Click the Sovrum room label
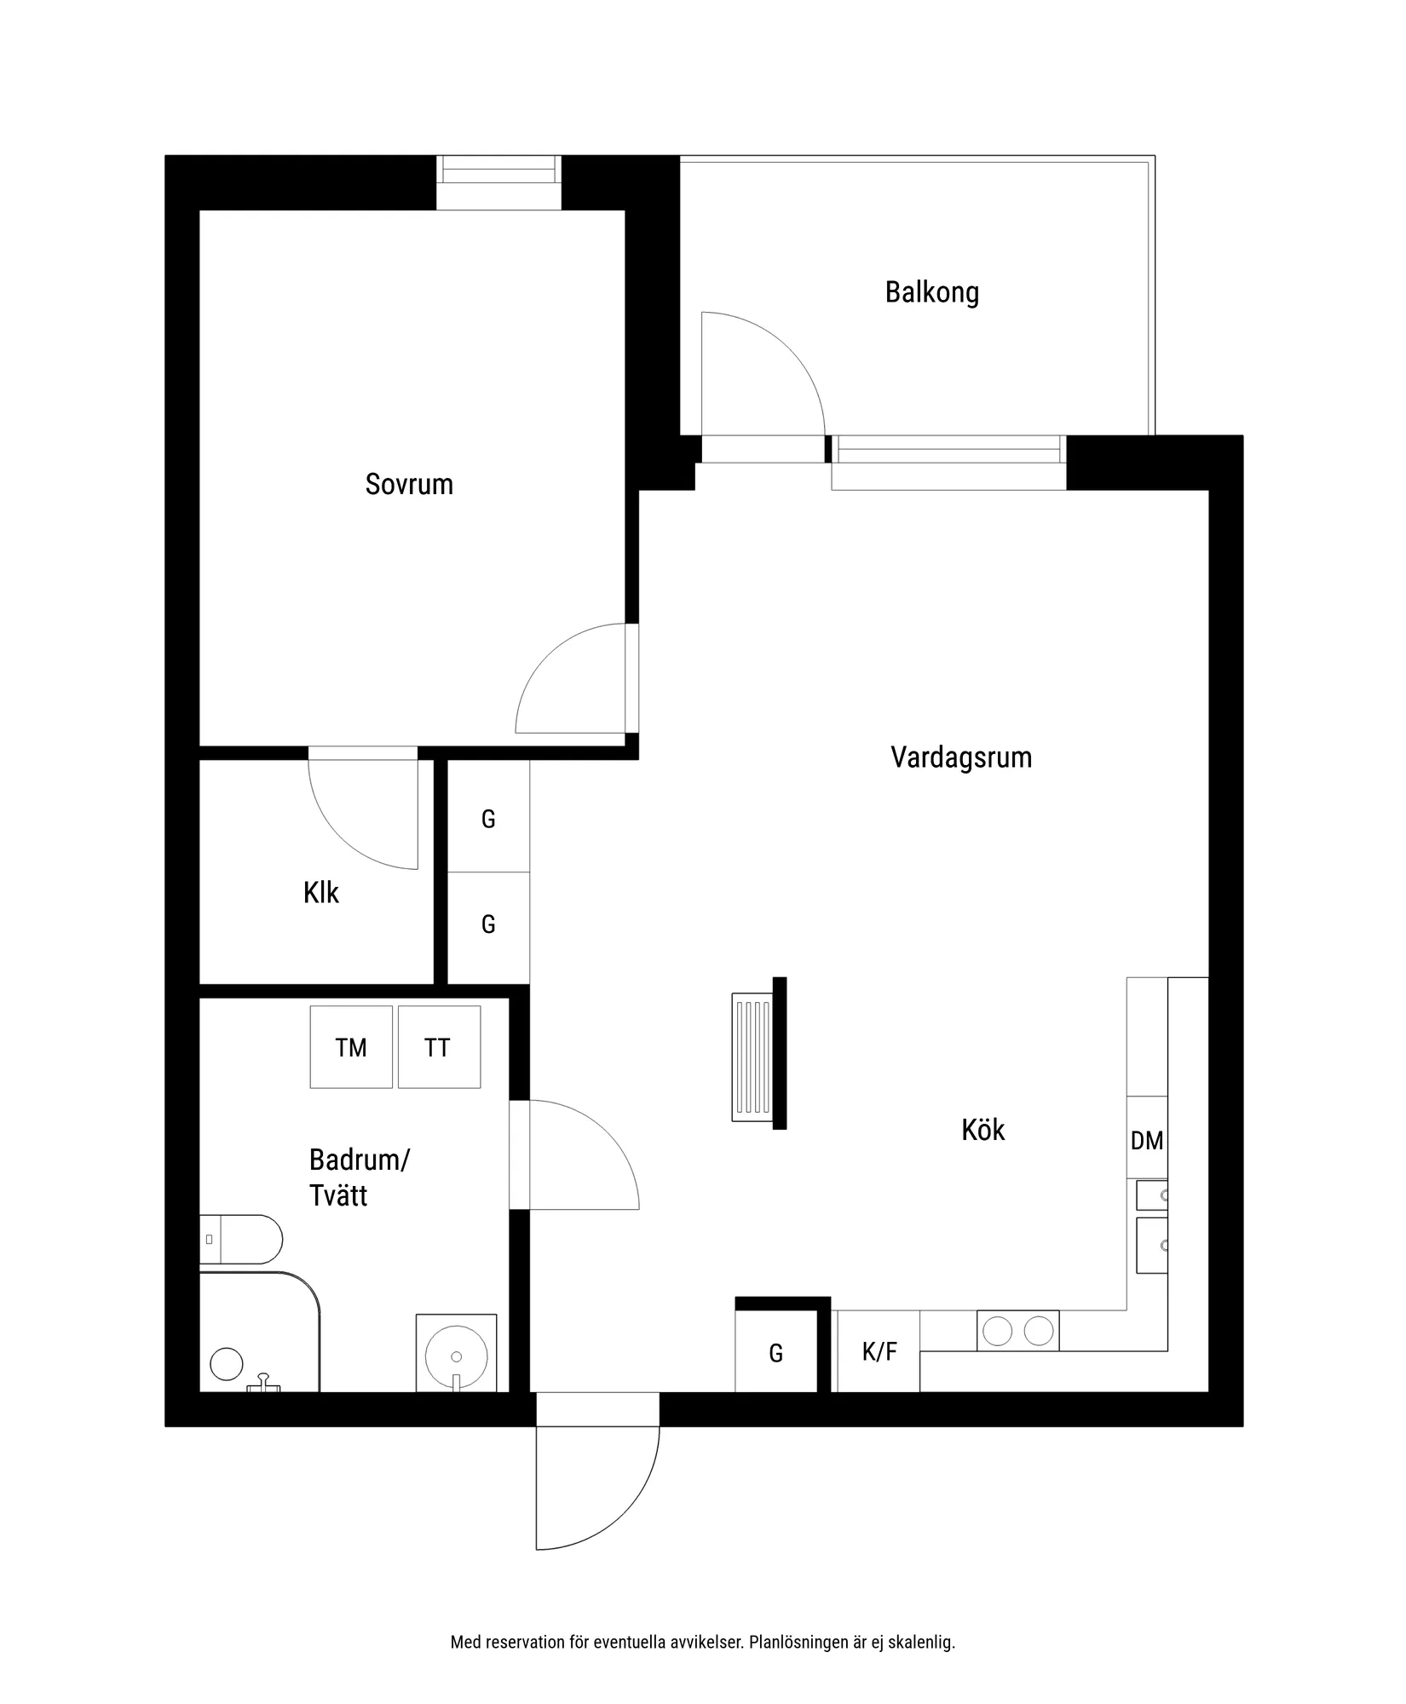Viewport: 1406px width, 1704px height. [x=409, y=485]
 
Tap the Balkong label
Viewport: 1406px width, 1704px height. [x=932, y=293]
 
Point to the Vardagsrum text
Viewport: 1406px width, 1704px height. [x=961, y=757]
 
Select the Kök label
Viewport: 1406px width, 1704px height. [x=983, y=1130]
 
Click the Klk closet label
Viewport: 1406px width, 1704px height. [x=321, y=893]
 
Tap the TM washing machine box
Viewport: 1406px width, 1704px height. [x=351, y=1047]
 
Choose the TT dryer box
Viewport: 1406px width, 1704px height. [x=439, y=1047]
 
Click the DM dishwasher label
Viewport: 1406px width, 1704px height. [x=1147, y=1140]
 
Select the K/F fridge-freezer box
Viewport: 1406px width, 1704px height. [x=879, y=1351]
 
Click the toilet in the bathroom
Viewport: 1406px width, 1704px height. [x=241, y=1240]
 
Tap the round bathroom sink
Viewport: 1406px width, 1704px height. [x=457, y=1356]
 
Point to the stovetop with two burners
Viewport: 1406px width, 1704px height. [x=1017, y=1331]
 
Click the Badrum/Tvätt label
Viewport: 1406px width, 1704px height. [x=360, y=1177]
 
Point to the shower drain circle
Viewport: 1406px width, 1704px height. [x=227, y=1364]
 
